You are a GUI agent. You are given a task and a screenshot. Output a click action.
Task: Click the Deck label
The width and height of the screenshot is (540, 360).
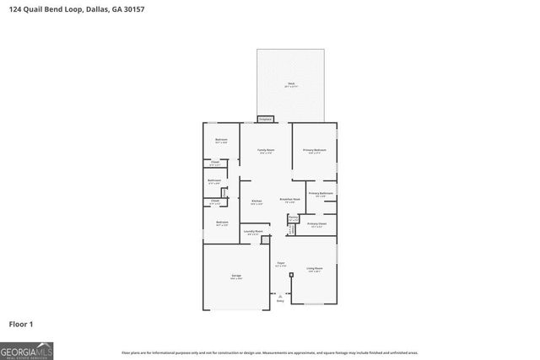pos(290,83)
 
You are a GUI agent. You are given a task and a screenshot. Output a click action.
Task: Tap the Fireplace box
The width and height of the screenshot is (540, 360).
pos(265,120)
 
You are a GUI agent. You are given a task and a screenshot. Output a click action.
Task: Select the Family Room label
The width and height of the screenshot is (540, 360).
pos(266,150)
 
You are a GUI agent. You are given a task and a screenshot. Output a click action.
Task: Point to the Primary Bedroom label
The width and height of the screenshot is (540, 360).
pos(315,150)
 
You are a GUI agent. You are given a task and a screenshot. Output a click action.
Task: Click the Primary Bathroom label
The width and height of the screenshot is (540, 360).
pos(321,194)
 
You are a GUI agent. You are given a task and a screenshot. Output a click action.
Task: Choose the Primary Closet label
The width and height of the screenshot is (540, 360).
pos(316,224)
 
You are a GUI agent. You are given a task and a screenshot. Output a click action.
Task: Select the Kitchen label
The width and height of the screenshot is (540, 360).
pos(256,201)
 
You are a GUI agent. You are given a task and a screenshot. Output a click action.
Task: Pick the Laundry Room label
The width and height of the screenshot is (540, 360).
pos(253,231)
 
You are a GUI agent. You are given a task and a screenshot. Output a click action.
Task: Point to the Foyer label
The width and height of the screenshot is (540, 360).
pos(280,263)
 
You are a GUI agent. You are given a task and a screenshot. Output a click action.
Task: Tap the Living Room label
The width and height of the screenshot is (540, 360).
pos(315,269)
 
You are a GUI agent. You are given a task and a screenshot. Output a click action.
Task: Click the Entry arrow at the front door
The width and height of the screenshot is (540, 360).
pos(280,297)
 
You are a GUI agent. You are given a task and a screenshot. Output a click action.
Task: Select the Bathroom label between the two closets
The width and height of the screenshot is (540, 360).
pos(214,180)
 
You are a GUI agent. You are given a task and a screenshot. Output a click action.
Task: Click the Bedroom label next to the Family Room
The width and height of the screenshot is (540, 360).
pos(221,140)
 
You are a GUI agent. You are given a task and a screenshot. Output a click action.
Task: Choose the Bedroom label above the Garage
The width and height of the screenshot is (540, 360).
pos(221,223)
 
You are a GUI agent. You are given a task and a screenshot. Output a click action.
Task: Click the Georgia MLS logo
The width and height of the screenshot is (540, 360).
pos(27,349)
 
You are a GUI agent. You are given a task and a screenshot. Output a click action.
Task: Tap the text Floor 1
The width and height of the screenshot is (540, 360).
pos(21,324)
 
